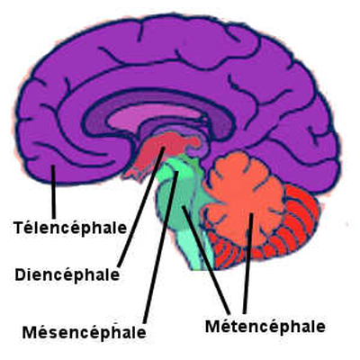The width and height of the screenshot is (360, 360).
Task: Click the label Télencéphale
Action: coord(70,229)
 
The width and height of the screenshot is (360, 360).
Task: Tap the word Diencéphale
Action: coord(67,274)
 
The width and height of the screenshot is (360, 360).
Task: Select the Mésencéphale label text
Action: coord(85,332)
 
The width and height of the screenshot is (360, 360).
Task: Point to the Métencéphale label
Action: coord(265,326)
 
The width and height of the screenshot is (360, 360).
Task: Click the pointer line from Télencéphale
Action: coord(53,192)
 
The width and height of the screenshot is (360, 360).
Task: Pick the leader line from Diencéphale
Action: coord(141,207)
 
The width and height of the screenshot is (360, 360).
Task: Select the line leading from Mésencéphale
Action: coord(161,247)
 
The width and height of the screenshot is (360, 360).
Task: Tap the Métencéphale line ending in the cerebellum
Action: coord(248,264)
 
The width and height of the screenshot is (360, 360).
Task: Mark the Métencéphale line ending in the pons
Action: coord(206,259)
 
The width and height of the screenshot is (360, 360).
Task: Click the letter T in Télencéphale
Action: coord(18,228)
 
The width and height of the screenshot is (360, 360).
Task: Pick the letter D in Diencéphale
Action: coord(20,274)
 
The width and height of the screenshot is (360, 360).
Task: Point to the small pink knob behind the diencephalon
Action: coord(193,141)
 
